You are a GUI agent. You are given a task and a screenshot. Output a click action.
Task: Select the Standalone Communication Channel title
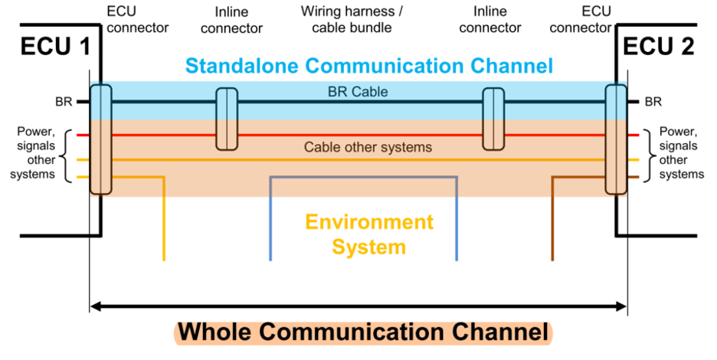click(x=359, y=66)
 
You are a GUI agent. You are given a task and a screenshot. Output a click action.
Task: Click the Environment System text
click(x=368, y=234)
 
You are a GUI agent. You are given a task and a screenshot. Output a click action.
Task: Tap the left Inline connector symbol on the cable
click(x=226, y=119)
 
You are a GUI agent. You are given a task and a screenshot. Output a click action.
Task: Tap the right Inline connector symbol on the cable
click(x=493, y=119)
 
